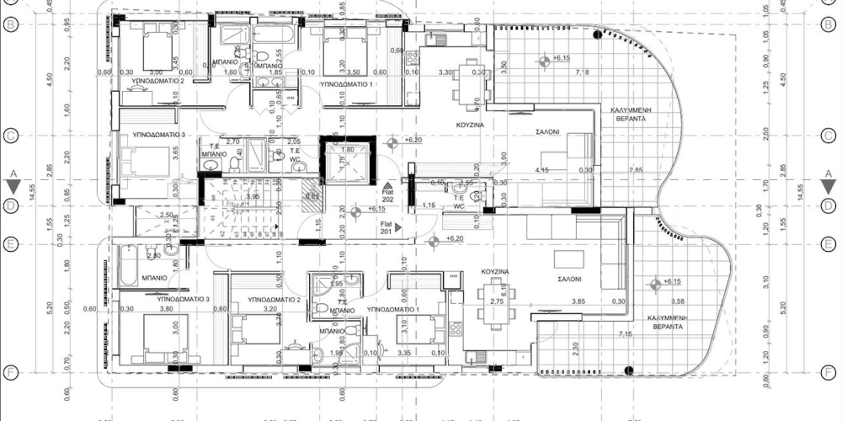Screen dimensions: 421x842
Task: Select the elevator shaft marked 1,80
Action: coord(347,162)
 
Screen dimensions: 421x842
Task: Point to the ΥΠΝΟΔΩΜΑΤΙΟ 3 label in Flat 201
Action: coord(182,299)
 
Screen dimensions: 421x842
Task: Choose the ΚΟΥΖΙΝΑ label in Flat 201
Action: coord(493,272)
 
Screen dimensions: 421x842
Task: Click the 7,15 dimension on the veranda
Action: coord(625,335)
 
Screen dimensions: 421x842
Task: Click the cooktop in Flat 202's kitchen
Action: coord(412,59)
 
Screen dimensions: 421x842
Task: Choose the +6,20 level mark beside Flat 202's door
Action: coord(412,140)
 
